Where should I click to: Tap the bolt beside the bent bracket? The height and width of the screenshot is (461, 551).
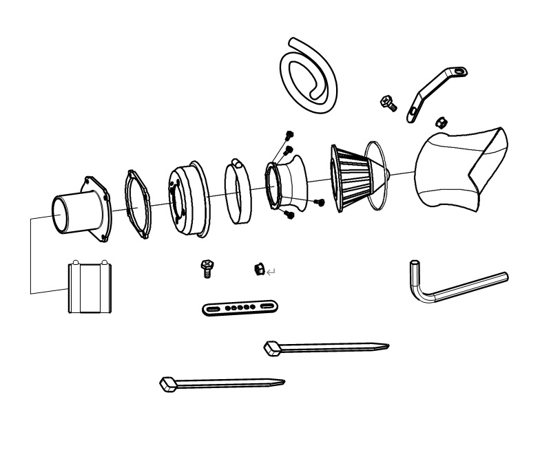(388, 103)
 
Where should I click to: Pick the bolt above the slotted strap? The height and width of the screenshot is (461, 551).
(206, 268)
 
